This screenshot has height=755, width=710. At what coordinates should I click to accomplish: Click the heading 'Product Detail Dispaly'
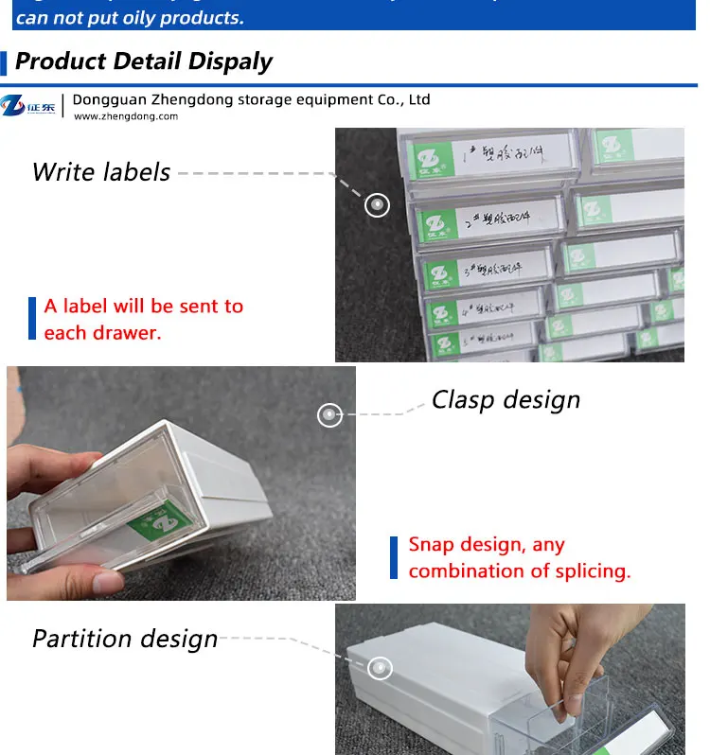(144, 61)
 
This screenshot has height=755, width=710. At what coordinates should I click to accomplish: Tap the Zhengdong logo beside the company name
(28, 106)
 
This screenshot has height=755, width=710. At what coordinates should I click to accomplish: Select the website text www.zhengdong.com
(126, 116)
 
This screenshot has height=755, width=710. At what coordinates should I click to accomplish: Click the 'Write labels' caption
(101, 172)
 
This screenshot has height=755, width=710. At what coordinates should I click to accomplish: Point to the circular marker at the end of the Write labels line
(377, 204)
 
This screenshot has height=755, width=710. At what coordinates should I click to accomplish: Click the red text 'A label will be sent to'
(144, 306)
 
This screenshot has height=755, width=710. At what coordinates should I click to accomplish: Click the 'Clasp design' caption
(506, 400)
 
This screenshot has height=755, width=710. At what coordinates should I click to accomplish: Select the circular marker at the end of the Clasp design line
(329, 414)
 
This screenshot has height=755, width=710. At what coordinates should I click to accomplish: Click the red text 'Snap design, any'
(487, 545)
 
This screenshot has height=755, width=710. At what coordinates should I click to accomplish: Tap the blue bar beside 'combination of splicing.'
(394, 558)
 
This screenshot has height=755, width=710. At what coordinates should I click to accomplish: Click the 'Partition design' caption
(125, 639)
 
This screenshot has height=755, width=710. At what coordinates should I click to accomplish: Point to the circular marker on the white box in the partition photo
(380, 669)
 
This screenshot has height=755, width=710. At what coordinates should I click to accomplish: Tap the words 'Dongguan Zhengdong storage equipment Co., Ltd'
(252, 99)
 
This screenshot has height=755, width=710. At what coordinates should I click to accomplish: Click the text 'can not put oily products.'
(130, 17)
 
